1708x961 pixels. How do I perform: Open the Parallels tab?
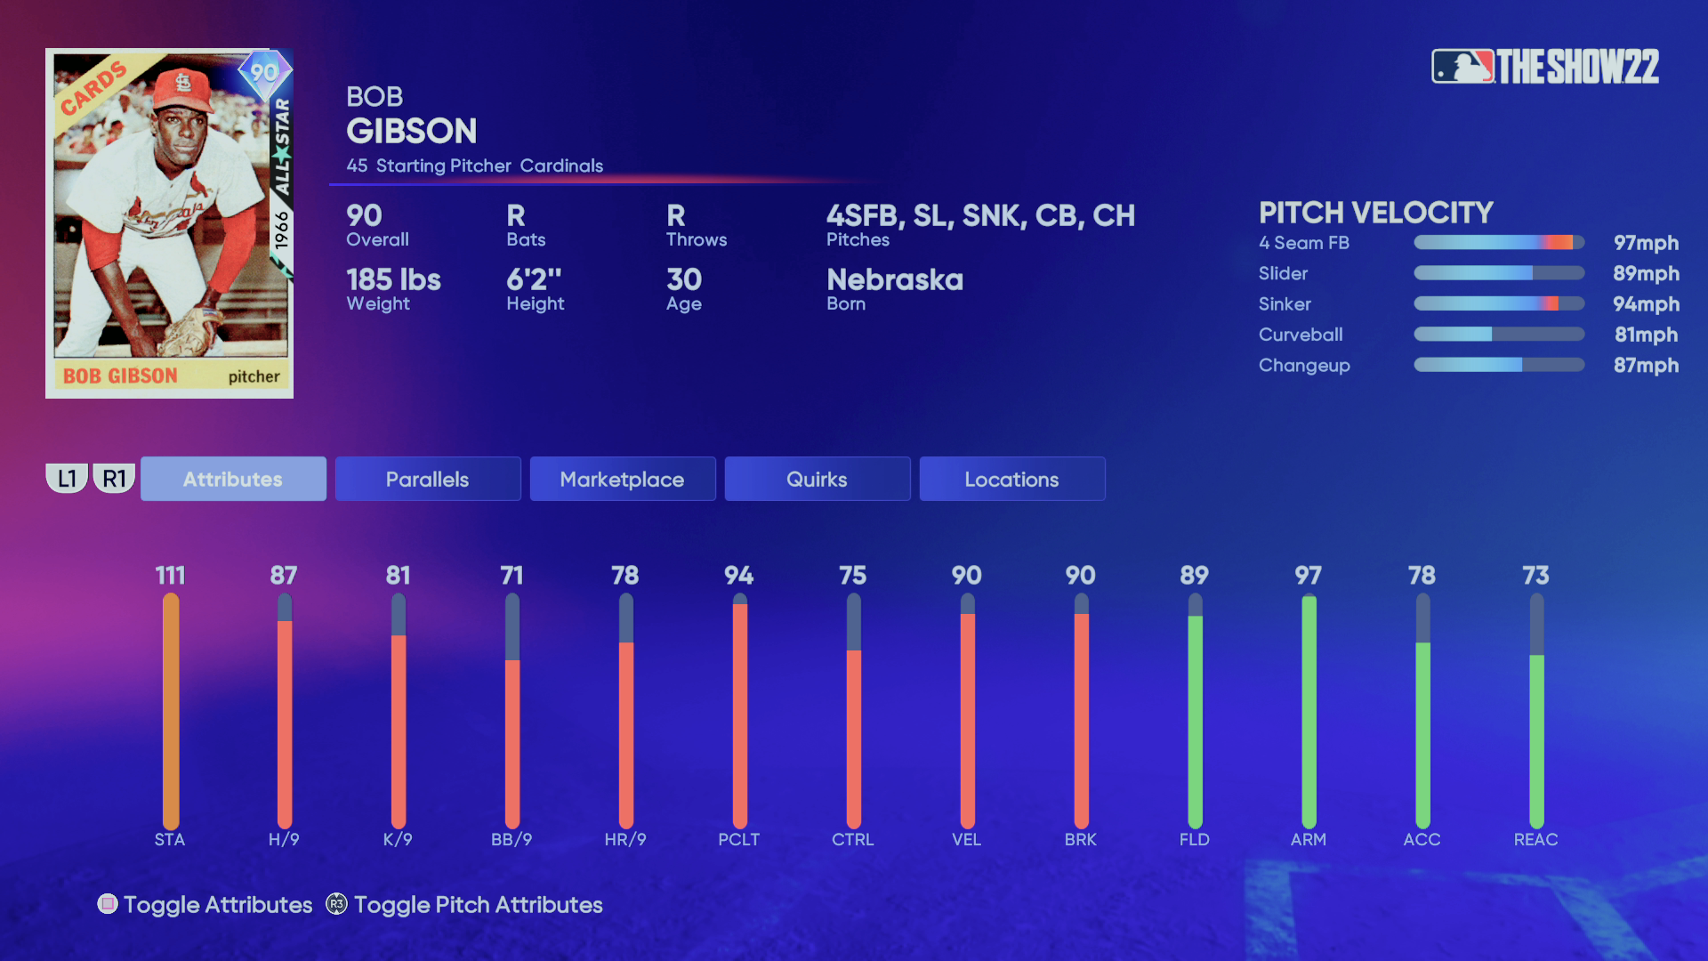[x=427, y=479]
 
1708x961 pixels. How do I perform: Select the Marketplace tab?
[x=622, y=479]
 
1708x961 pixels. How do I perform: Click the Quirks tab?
[x=817, y=479]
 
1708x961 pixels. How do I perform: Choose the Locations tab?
[x=1011, y=479]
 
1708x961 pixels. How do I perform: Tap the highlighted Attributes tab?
[x=233, y=479]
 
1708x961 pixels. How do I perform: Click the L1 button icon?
[x=67, y=479]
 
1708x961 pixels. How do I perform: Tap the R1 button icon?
[x=114, y=479]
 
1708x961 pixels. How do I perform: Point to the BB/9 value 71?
[x=512, y=576]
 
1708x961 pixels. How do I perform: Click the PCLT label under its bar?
[x=739, y=839]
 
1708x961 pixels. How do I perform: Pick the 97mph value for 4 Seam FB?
[x=1646, y=243]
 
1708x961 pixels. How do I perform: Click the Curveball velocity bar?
[x=1499, y=335]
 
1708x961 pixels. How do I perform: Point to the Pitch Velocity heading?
[x=1375, y=213]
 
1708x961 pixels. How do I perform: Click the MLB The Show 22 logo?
[x=1545, y=67]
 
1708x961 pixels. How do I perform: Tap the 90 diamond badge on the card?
[x=264, y=72]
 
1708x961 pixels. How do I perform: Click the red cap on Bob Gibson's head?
[x=183, y=87]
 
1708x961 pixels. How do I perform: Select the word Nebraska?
[x=894, y=280]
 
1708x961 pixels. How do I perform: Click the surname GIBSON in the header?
[x=412, y=132]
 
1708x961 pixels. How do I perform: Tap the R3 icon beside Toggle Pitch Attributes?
[x=336, y=904]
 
